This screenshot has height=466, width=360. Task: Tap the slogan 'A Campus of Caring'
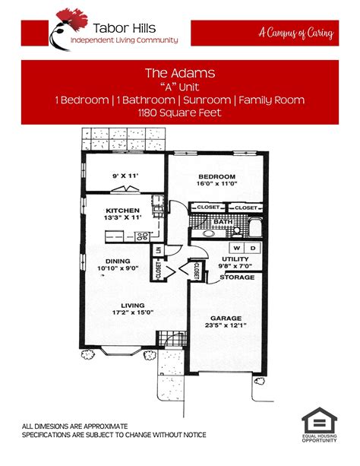click(x=295, y=33)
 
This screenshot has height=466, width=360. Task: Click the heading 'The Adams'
click(x=179, y=74)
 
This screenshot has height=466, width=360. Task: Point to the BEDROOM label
click(x=219, y=174)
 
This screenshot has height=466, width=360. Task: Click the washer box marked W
click(x=237, y=249)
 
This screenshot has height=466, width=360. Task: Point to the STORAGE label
click(x=236, y=277)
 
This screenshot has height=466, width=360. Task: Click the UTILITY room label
click(x=235, y=259)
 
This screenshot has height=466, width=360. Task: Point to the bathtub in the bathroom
click(x=255, y=228)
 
